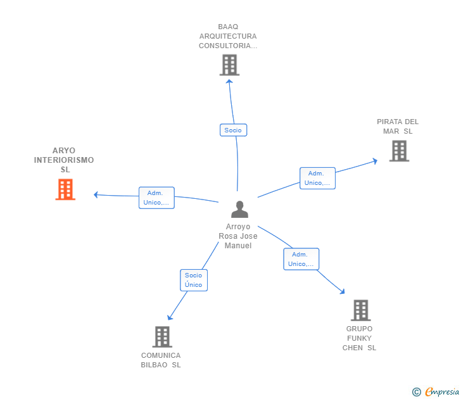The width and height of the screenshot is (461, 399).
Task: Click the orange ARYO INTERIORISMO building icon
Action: click(x=65, y=189)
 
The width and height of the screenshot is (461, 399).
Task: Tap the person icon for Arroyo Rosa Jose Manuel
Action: click(x=239, y=209)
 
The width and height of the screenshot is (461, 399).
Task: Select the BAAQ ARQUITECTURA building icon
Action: click(x=229, y=65)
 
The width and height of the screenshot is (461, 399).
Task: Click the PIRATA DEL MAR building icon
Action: click(x=399, y=151)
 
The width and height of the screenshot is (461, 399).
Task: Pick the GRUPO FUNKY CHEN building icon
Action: click(x=360, y=310)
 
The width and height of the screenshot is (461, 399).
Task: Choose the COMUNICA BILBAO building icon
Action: click(x=162, y=336)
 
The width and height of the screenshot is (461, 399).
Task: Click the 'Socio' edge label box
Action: click(x=233, y=130)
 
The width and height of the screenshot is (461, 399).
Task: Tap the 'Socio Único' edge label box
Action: click(x=193, y=280)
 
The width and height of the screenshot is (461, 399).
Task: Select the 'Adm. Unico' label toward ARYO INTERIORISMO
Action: click(x=156, y=198)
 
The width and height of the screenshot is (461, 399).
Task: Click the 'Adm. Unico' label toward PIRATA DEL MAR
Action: click(x=317, y=178)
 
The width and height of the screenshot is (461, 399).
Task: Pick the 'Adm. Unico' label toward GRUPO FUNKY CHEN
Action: click(x=301, y=259)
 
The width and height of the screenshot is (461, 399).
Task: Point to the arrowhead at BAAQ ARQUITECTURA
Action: click(x=229, y=80)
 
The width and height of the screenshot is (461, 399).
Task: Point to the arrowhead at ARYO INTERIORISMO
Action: click(x=96, y=194)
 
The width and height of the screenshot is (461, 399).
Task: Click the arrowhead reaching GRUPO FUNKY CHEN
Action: click(x=343, y=291)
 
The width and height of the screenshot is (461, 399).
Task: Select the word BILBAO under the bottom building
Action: click(x=155, y=365)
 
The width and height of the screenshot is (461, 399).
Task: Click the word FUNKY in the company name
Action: click(x=359, y=338)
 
